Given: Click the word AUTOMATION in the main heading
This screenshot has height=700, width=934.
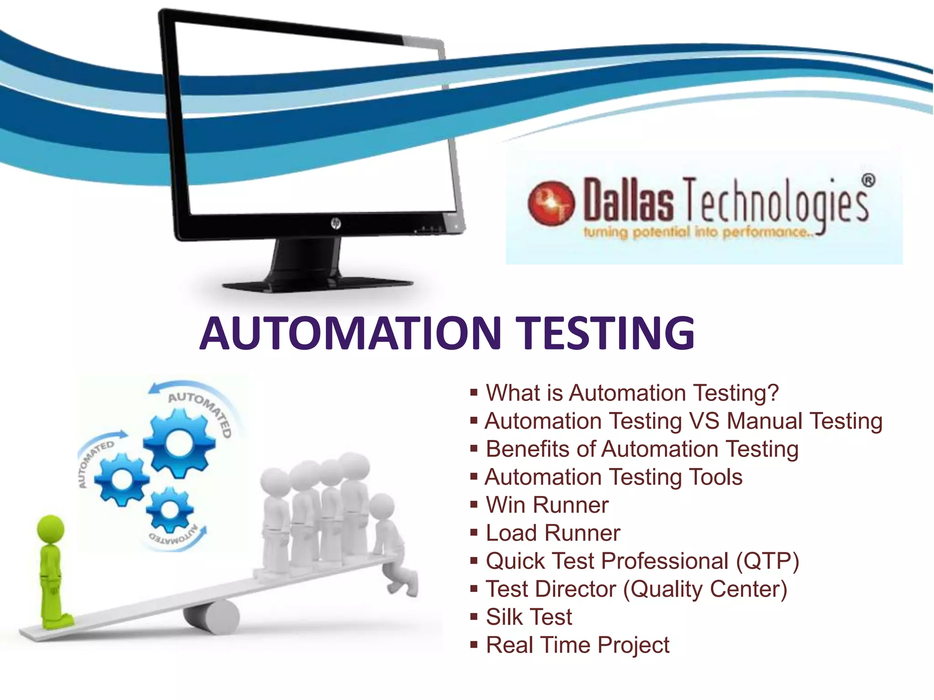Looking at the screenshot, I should [350, 333].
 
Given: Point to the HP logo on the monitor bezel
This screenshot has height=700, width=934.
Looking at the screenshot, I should [336, 223].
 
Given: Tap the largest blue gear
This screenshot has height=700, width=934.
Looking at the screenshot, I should [179, 442].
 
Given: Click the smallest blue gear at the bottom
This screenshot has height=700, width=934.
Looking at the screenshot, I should [170, 509].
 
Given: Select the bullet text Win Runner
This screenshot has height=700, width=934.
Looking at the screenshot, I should [547, 505].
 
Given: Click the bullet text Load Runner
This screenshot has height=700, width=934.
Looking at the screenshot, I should [553, 533].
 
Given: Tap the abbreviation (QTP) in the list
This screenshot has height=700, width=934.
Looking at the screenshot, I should [767, 561].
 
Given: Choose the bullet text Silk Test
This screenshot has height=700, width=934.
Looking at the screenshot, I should [529, 617].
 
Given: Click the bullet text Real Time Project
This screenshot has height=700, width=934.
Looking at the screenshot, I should [577, 645].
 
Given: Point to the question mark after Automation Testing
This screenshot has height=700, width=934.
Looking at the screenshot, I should [773, 393].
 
